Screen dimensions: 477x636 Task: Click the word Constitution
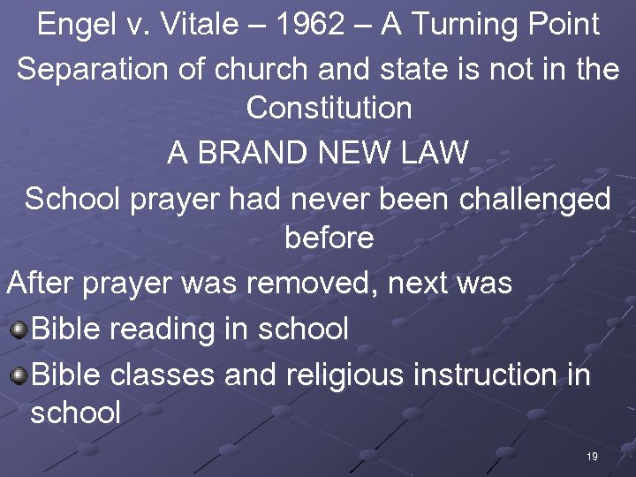coord(329,109)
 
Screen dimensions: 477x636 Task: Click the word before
coord(329,238)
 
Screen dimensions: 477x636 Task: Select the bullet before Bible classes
coord(18,375)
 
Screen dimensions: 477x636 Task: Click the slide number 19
coord(591,457)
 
